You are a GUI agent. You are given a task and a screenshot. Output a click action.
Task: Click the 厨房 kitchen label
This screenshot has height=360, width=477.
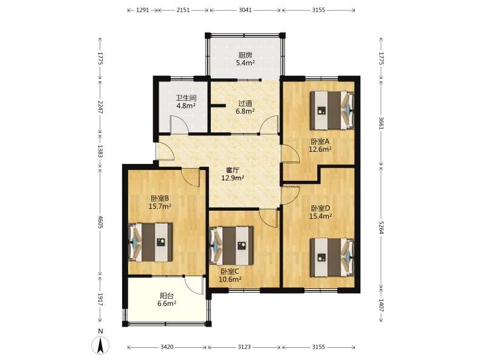tap(245, 55)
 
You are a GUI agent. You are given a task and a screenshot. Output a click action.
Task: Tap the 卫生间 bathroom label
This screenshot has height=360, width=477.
tap(186, 98)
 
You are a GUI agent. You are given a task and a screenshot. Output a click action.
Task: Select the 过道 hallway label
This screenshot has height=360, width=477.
tap(245, 104)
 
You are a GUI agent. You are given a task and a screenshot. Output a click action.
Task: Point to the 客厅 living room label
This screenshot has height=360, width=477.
tap(233, 170)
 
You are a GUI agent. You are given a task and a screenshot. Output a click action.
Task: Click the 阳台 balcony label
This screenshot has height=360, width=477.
tap(166, 296)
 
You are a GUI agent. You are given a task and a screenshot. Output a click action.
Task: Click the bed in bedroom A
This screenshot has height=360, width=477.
tap(332, 110)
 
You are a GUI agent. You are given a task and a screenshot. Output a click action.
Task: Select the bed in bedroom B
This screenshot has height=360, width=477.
tap(151, 242)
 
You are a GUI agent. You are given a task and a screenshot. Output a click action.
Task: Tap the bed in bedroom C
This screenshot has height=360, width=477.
tap(232, 245)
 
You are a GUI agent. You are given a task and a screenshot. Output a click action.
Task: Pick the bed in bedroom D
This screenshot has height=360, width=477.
tap(332, 257)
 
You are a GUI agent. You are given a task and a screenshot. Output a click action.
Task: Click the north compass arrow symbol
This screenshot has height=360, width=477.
tap(101, 345)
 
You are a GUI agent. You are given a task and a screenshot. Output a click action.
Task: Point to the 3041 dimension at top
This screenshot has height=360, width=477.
tap(245, 10)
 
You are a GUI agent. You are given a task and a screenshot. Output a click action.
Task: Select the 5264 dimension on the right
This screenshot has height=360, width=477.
tap(381, 227)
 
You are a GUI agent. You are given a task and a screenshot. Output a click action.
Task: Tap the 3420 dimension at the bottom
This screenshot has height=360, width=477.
tap(166, 347)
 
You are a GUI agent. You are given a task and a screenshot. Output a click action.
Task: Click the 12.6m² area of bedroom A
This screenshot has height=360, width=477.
tap(320, 149)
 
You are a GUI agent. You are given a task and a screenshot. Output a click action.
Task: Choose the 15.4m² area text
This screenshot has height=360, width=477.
tap(320, 216)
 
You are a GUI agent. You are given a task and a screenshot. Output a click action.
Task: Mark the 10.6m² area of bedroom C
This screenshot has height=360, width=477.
tap(230, 279)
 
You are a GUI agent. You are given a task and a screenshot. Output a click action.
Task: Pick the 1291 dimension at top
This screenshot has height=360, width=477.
tap(142, 10)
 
